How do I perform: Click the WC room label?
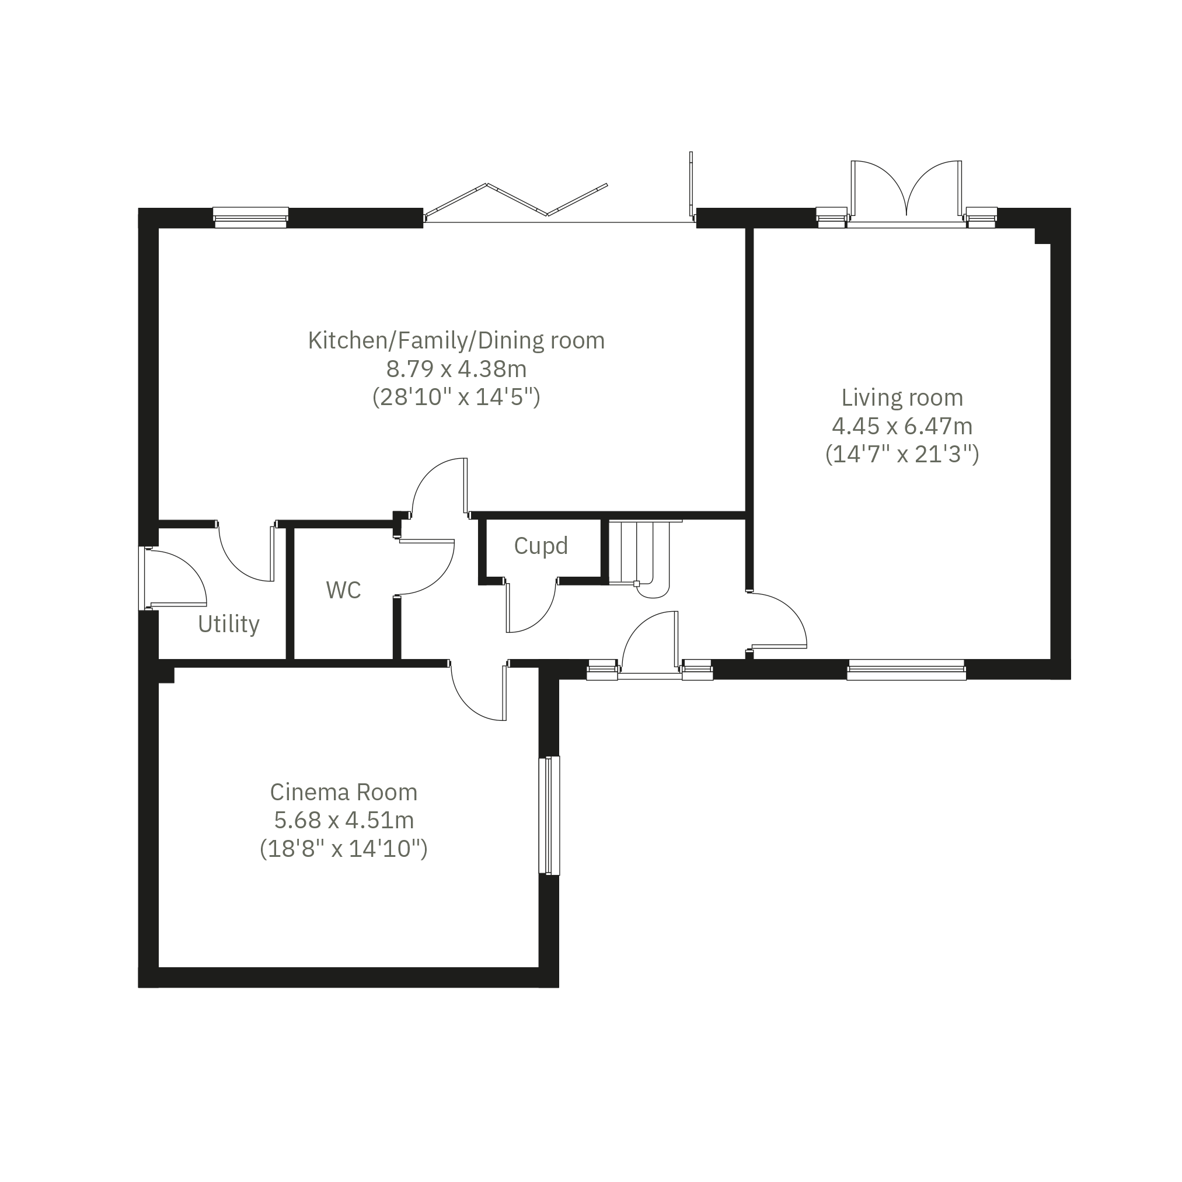point(343,590)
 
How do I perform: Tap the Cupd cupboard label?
point(541,546)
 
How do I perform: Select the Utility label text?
point(229,625)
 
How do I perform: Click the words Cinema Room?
point(344,792)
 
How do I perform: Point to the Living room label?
point(902,398)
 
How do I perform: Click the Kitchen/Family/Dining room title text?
point(456,341)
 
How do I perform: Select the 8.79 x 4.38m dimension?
point(456,369)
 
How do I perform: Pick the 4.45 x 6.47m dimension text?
point(902,426)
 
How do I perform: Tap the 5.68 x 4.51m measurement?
point(344,821)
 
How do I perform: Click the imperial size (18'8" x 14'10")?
point(344,849)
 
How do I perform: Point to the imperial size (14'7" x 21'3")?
point(902,455)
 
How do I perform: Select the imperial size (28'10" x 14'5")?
point(456,398)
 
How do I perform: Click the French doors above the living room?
point(906,193)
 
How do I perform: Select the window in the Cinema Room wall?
point(549,815)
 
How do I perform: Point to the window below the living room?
point(906,670)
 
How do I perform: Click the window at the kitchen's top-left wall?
point(251,217)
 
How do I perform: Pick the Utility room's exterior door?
point(175,579)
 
